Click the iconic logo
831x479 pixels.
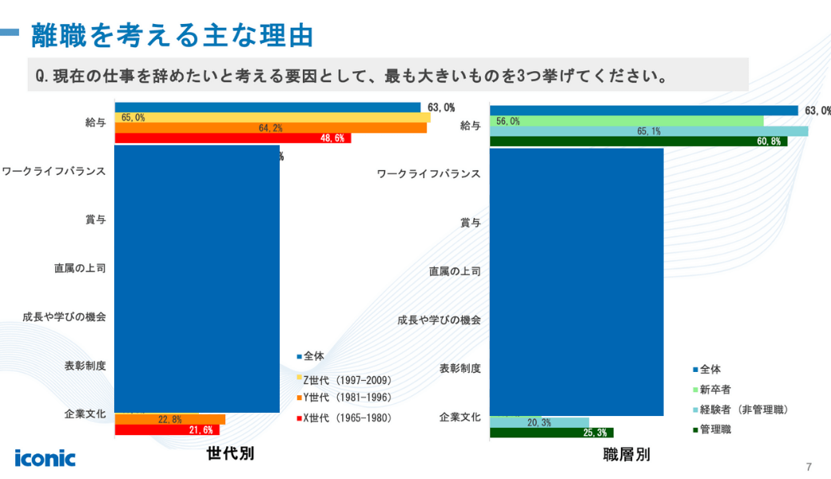tap(45, 457)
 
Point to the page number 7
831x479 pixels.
tap(809, 466)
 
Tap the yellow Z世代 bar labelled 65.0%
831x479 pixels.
tap(272, 117)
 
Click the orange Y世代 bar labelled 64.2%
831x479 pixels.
tap(271, 128)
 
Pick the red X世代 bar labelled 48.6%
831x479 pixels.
tap(233, 138)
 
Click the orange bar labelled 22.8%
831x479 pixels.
tap(170, 419)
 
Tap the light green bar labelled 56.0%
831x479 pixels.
tap(626, 121)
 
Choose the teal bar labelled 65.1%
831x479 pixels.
tap(648, 131)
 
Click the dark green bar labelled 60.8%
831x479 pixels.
tap(638, 141)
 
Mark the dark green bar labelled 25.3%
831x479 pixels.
tap(551, 433)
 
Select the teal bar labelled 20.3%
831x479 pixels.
tap(539, 422)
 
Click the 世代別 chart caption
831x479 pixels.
tap(230, 453)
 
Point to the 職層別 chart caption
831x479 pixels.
tap(626, 455)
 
